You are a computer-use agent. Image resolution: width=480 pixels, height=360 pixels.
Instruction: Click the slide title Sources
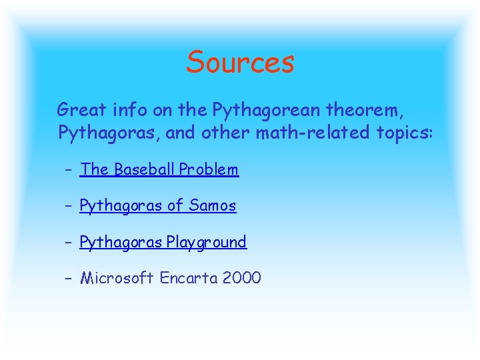tap(240, 62)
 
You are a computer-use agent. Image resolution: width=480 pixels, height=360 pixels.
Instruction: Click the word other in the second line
tap(229, 132)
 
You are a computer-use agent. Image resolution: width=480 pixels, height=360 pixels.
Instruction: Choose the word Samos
tap(212, 205)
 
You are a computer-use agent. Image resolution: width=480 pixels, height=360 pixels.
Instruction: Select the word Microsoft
tap(117, 277)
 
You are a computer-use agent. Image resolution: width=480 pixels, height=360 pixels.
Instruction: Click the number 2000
tap(242, 277)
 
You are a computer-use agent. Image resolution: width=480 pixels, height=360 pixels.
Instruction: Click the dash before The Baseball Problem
tap(69, 170)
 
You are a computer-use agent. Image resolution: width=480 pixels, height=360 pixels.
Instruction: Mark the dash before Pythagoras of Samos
tap(69, 206)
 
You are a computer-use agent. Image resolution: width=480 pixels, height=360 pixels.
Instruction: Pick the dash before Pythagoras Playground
tap(69, 242)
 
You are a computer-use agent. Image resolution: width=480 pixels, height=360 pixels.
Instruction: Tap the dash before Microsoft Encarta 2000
tap(69, 278)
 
